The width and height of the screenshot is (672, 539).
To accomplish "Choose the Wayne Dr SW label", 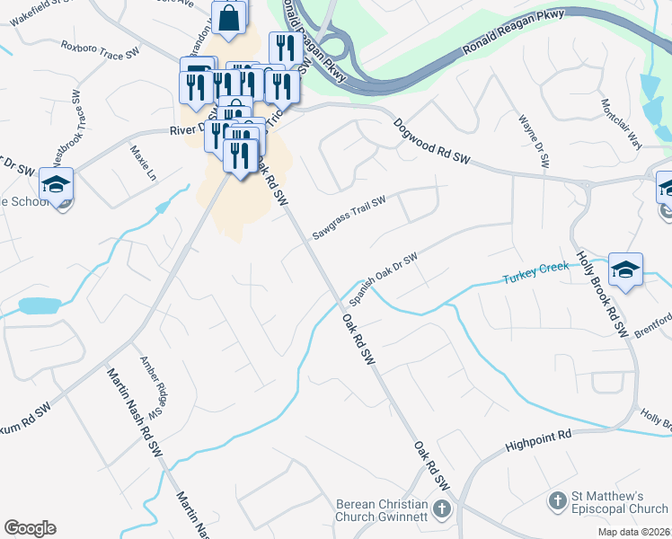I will [533, 142].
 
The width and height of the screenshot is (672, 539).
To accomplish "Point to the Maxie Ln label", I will [144, 163].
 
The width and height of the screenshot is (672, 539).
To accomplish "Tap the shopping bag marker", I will [229, 17].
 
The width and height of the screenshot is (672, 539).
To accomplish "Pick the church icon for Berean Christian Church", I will [441, 509].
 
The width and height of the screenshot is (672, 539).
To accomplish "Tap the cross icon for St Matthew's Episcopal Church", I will [557, 499].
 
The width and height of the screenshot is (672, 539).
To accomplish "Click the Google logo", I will [30, 528].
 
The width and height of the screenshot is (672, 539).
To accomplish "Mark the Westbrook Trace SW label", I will [68, 139].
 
